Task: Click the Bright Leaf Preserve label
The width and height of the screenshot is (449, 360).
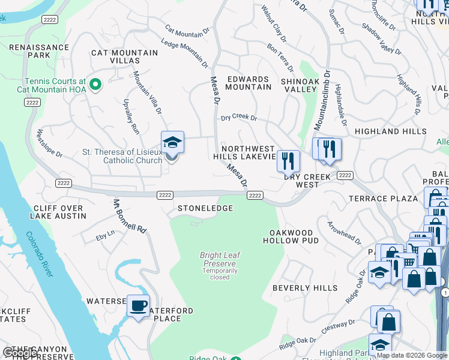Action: (220, 259)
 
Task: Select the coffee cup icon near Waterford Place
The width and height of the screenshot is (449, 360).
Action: (139, 306)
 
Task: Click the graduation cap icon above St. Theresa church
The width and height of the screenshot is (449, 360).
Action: (172, 143)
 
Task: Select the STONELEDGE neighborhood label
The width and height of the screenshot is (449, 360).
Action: (205, 208)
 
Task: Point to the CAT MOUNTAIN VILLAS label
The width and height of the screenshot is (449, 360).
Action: (124, 56)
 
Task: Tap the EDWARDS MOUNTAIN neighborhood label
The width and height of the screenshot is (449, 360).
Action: (248, 83)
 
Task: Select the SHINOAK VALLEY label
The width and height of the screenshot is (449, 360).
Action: (299, 85)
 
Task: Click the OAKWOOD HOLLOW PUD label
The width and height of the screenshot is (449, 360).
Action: (291, 236)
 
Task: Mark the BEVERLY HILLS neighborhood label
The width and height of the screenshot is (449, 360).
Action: (305, 288)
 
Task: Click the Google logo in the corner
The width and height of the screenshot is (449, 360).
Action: (19, 353)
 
